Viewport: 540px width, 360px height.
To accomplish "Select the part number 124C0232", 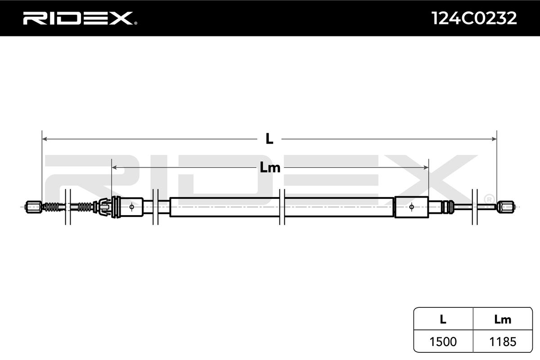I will point(474,18).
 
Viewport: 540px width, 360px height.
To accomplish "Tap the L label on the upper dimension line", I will point(269,139).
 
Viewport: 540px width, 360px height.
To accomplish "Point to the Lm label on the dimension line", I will point(270,168).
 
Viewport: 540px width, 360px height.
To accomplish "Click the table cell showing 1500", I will point(443,342).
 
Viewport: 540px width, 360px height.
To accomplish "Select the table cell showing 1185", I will point(502,342).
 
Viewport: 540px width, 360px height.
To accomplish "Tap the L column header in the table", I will point(443,319).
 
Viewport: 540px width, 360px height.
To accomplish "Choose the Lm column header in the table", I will point(502,319).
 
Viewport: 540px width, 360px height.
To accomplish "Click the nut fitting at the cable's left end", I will point(33,207).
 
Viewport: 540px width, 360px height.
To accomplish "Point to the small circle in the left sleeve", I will point(131,207).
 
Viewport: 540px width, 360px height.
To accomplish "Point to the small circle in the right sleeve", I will point(411,207).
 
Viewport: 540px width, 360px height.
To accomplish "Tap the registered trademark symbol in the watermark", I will point(489,198).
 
